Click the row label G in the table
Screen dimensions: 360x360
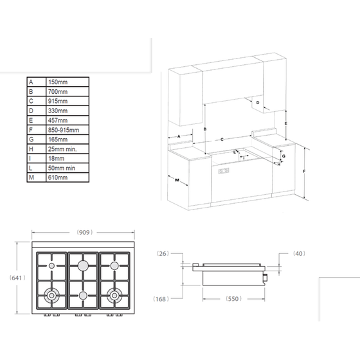point(31,138)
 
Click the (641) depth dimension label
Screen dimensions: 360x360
point(17,278)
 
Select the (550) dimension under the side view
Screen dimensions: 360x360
point(233,300)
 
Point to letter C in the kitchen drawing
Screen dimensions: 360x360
point(222,139)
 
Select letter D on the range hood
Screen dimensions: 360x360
point(257,103)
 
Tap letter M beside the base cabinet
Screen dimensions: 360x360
point(176,181)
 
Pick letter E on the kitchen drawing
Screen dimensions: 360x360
point(285,122)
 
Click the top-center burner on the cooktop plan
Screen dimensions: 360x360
point(83,265)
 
